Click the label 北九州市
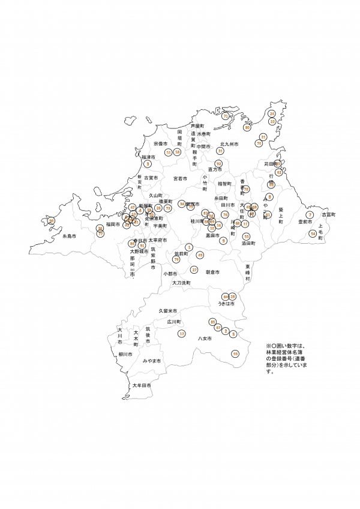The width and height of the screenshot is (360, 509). [229, 145]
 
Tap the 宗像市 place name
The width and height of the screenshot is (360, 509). [160, 144]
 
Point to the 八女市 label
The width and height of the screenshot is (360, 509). [205, 339]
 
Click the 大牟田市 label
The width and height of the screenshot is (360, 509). [142, 385]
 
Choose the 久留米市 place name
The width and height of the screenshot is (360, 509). [169, 312]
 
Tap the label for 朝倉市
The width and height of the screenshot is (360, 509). [212, 272]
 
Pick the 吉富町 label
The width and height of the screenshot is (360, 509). [328, 214]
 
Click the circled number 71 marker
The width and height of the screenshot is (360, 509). [226, 116]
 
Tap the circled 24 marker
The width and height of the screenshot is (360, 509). [272, 113]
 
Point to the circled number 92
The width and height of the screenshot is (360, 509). [218, 164]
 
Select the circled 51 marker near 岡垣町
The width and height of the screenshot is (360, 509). [169, 152]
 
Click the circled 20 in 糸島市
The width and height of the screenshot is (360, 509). [52, 221]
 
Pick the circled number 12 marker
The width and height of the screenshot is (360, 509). [182, 333]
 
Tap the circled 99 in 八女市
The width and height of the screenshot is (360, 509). [235, 354]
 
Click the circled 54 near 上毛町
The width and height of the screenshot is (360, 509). [313, 233]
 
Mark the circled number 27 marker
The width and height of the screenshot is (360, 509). [194, 270]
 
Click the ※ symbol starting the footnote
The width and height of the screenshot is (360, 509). [268, 346]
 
